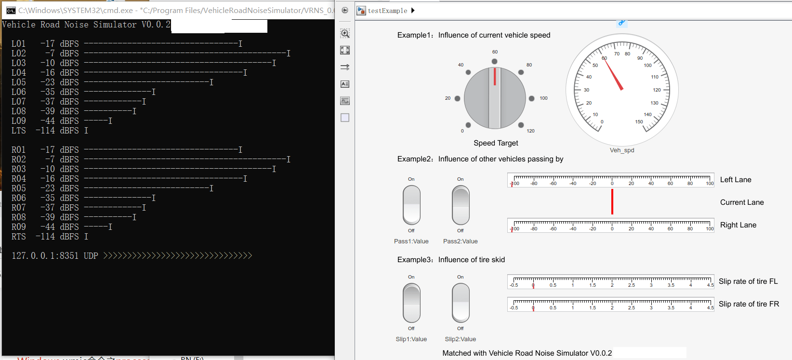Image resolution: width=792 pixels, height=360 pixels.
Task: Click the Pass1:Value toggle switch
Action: [411, 205]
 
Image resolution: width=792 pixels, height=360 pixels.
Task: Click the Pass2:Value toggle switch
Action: [461, 205]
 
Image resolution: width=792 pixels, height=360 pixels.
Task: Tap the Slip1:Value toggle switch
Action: [411, 303]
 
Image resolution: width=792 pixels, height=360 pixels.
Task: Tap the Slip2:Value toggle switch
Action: [461, 303]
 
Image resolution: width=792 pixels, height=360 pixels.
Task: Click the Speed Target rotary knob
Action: [495, 98]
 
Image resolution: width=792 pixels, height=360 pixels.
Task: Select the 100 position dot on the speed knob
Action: [531, 98]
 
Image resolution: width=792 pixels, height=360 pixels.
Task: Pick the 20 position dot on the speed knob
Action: [458, 98]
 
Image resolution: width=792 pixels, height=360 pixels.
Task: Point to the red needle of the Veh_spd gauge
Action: [614, 75]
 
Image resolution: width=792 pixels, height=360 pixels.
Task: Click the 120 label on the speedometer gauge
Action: [657, 90]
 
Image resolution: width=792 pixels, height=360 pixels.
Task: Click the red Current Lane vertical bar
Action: [612, 201]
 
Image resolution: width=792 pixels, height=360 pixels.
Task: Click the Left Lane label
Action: [736, 180]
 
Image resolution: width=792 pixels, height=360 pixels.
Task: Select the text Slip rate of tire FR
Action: [749, 304]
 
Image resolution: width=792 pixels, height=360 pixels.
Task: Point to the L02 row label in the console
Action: [19, 53]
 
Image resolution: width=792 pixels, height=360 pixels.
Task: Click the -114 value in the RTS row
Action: [45, 237]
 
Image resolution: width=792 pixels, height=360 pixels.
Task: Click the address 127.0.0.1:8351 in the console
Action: [45, 256]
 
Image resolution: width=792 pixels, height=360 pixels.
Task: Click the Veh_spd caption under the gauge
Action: [622, 150]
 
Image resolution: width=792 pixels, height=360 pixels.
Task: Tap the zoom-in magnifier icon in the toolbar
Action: [345, 33]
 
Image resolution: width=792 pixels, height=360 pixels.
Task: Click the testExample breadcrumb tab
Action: [387, 11]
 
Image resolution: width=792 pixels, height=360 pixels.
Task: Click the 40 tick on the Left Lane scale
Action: [651, 183]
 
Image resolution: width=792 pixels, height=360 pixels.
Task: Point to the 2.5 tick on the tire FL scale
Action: [631, 285]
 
